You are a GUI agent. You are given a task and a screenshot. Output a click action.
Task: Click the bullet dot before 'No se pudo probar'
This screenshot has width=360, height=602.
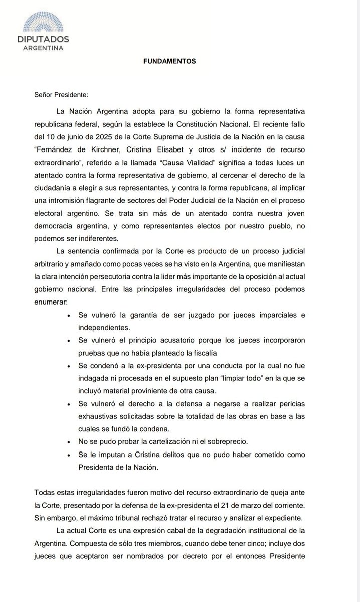[68, 441]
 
